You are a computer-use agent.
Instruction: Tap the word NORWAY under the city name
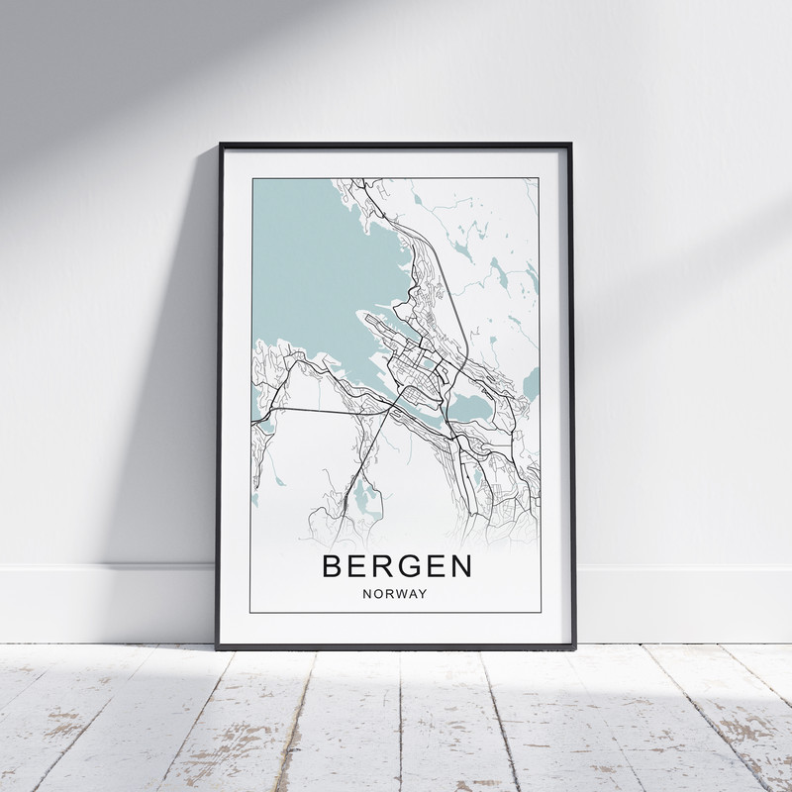click(395, 594)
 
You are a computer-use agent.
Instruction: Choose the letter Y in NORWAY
click(423, 594)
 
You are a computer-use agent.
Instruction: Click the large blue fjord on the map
click(317, 267)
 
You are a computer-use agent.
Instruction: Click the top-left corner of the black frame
click(220, 145)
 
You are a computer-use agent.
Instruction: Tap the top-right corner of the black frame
click(572, 145)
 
